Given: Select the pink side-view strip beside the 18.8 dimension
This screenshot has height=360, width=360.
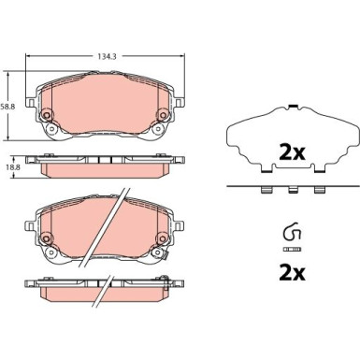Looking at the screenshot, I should [x=105, y=166].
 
